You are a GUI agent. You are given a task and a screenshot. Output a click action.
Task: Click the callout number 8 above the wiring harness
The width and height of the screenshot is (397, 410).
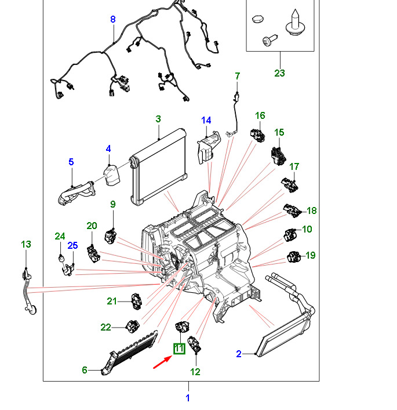pos(113,19)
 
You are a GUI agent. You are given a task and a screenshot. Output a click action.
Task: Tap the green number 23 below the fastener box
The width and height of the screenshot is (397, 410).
pos(280,74)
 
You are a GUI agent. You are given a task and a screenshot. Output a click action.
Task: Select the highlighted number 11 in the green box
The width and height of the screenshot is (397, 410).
pos(179,349)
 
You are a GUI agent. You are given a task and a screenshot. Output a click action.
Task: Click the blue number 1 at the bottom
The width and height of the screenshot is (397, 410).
pos(188,398)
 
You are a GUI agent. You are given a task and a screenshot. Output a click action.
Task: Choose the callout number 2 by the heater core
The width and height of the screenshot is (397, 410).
pos(238,354)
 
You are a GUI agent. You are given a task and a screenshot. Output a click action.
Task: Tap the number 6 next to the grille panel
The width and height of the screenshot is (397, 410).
pos(84,369)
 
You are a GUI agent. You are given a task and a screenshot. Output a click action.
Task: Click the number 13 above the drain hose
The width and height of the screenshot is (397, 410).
pos(26,244)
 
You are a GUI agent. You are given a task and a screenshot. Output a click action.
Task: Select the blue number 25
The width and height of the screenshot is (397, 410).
pos(72,245)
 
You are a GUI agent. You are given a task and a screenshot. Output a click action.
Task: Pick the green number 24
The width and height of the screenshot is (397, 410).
pos(60,236)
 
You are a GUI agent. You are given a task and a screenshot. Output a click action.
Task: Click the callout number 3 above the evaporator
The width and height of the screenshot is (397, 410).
pos(158,119)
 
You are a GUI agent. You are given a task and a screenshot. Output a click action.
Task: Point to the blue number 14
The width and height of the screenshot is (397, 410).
pos(206,120)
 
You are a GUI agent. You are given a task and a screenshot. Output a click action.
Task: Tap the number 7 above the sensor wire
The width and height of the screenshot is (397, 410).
pos(236,76)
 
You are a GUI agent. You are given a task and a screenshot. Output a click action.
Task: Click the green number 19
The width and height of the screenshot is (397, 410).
pos(310,255)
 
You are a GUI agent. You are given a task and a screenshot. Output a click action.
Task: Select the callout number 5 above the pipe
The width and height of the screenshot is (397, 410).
pos(71,162)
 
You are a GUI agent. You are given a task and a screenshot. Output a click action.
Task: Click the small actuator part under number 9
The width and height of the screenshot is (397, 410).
pos(111,236)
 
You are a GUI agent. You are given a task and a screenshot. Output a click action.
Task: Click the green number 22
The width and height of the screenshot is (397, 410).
pos(105,327)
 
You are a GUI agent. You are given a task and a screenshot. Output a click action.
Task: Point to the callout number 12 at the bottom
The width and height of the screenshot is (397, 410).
pos(195,372)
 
